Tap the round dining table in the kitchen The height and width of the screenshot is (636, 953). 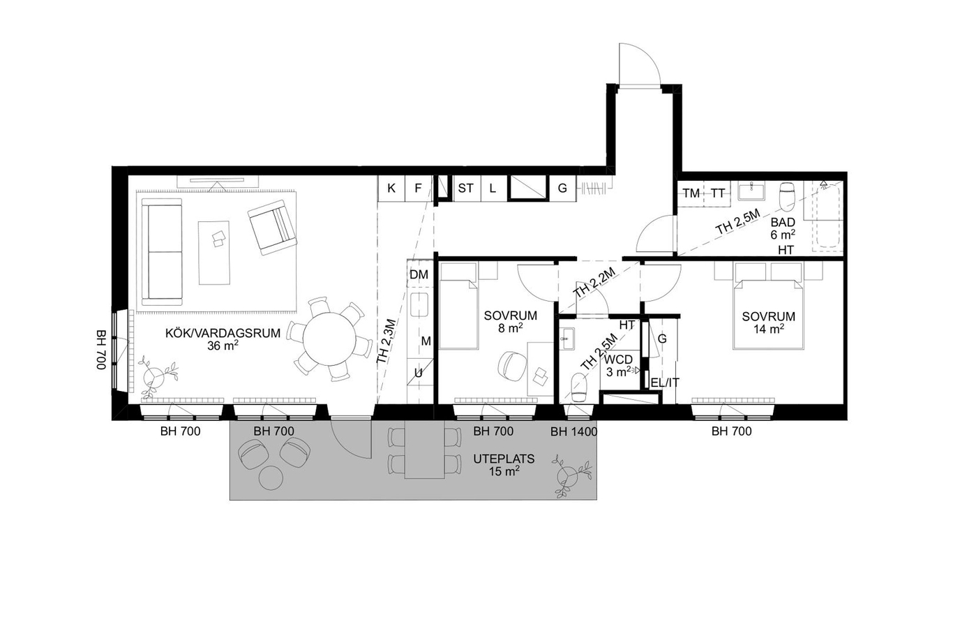331,339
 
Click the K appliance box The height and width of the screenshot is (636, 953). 391,188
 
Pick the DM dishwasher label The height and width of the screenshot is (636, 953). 419,274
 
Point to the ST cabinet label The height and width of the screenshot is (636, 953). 465,188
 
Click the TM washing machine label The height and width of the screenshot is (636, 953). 691,193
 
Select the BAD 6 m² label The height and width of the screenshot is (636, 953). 783,228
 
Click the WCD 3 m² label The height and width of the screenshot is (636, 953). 619,366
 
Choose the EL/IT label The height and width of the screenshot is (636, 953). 665,383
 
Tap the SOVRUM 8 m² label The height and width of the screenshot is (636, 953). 510,321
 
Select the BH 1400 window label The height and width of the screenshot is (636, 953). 573,431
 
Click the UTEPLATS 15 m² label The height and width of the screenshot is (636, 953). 504,465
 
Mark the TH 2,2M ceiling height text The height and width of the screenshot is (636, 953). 594,283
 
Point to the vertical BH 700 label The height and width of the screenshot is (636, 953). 100,350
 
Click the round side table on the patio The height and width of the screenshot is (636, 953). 271,478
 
